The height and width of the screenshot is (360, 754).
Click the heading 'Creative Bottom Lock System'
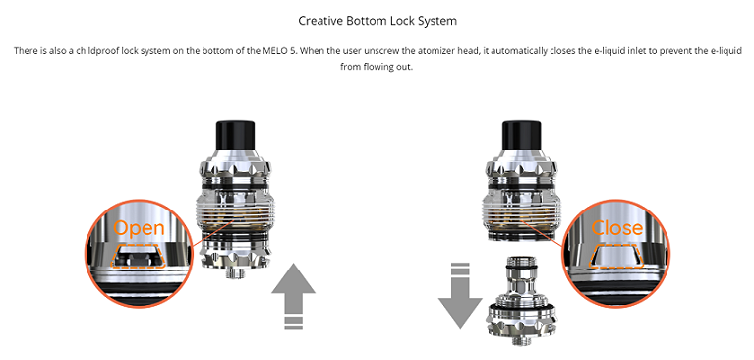coord(377,21)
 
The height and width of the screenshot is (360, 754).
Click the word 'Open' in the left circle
coord(139,227)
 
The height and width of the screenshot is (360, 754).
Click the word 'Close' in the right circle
coord(617,227)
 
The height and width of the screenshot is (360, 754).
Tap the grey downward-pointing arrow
coord(460,295)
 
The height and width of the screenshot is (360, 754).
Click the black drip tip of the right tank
coord(518,137)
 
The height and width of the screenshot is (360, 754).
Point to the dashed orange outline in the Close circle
coord(616,256)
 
